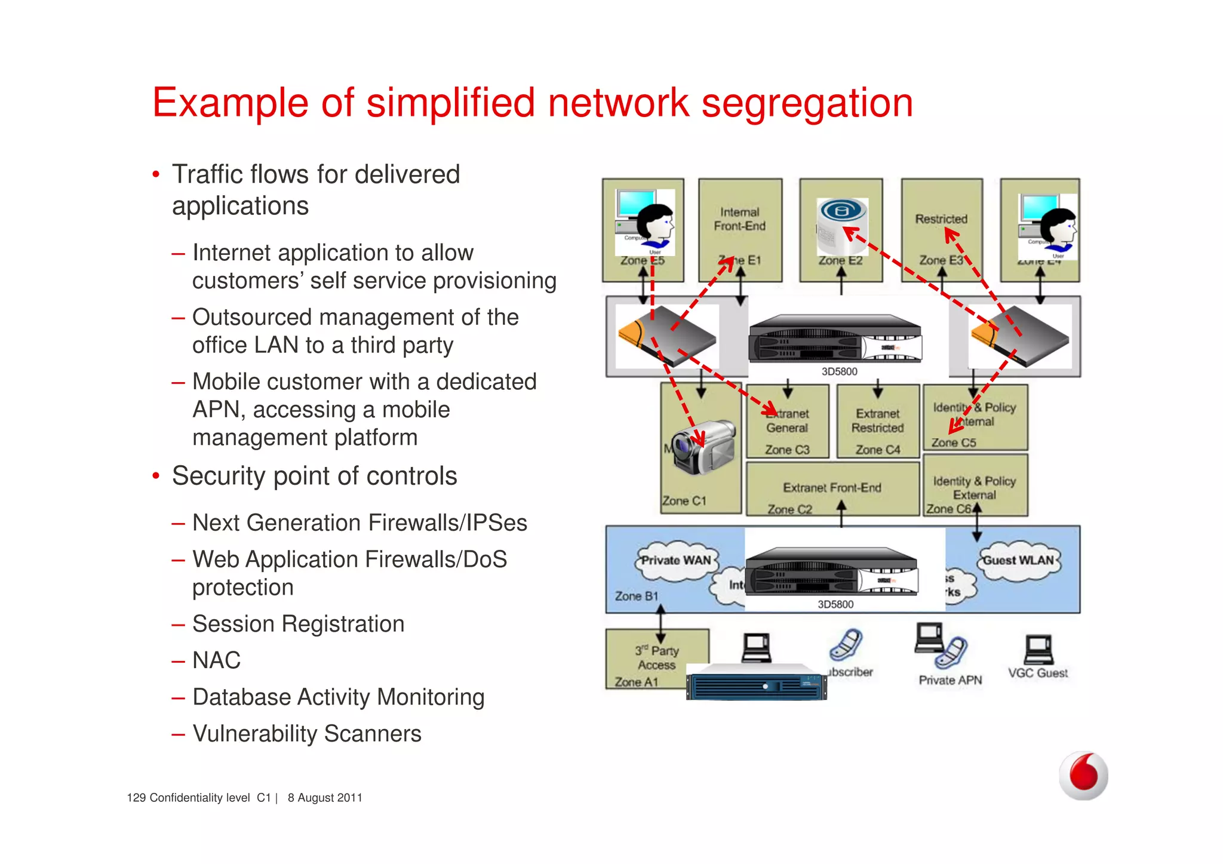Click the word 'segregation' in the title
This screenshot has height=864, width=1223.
[807, 103]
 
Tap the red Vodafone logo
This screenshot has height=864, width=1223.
[1083, 775]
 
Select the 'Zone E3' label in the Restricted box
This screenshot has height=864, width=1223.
[940, 260]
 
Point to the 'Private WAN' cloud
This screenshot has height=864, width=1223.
[675, 561]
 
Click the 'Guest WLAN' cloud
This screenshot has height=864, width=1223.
[1018, 561]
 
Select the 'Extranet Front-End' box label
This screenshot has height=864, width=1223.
[832, 488]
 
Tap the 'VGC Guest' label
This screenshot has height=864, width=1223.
[1038, 673]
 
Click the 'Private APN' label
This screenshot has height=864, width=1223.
[950, 680]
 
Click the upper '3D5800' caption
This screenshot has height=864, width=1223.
[839, 371]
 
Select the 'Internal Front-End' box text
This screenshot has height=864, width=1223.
[739, 219]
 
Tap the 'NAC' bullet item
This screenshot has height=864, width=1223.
[216, 660]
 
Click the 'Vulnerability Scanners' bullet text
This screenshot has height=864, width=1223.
[307, 734]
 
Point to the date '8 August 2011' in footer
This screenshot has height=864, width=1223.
[325, 798]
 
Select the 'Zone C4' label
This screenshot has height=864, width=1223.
[877, 450]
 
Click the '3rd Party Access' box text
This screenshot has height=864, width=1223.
[657, 657]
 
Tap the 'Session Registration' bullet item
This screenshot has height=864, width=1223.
[298, 624]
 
